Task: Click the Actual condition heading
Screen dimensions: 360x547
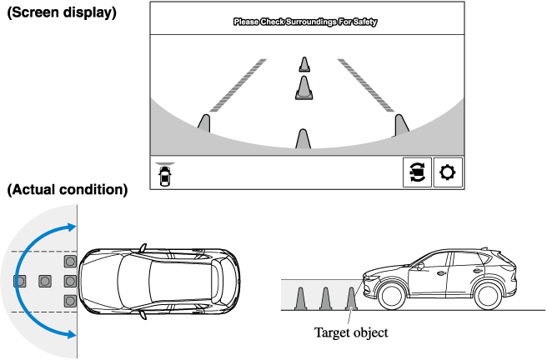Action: [x=67, y=190]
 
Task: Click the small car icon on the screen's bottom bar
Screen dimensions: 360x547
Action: [x=165, y=176]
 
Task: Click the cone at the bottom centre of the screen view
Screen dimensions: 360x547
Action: [x=304, y=139]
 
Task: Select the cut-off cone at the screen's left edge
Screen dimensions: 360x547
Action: [x=204, y=122]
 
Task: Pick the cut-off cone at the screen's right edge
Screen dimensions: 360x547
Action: [x=402, y=123]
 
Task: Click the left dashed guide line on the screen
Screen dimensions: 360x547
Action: [x=238, y=85]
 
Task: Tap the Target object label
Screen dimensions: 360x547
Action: [x=350, y=333]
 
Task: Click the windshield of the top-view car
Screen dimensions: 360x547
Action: [x=131, y=280]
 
